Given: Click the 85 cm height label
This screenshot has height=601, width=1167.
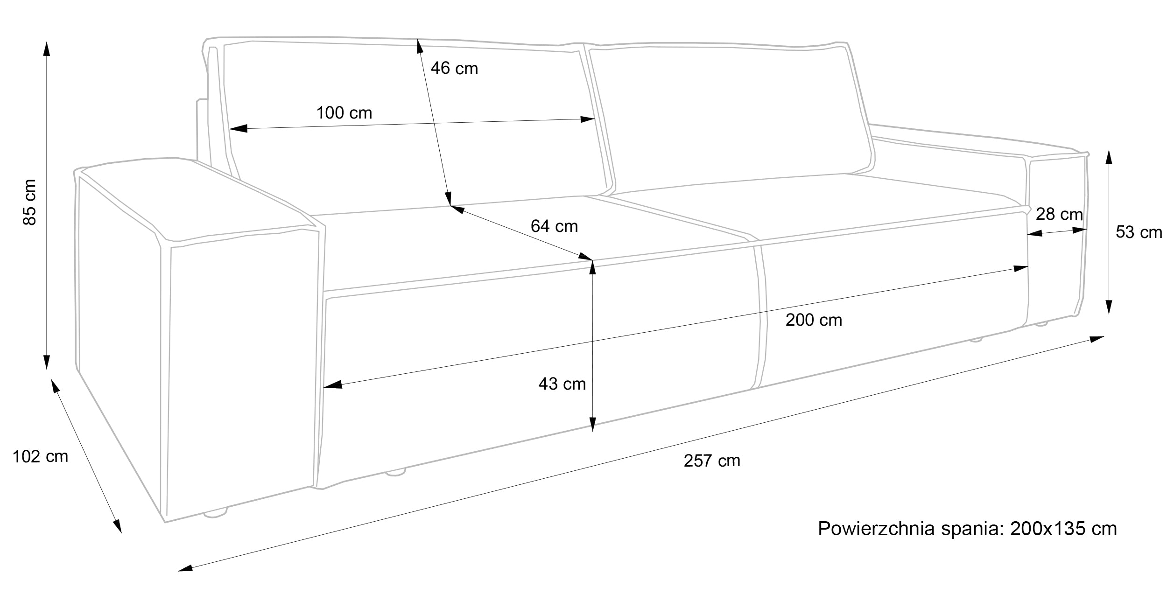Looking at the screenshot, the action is click(29, 202).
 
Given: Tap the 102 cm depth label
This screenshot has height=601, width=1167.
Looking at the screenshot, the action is click(40, 456).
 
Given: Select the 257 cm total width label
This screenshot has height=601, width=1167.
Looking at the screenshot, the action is click(712, 461).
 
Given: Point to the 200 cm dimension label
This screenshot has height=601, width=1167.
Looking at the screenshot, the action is click(814, 320).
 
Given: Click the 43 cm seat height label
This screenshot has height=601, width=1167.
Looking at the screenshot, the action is click(562, 384).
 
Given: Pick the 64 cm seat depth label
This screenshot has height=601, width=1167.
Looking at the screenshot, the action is click(554, 226).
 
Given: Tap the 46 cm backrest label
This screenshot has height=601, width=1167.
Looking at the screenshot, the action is click(454, 68).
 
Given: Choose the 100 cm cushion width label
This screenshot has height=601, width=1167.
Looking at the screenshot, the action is click(344, 112).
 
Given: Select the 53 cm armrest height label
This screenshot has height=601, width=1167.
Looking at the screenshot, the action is click(1139, 232).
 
